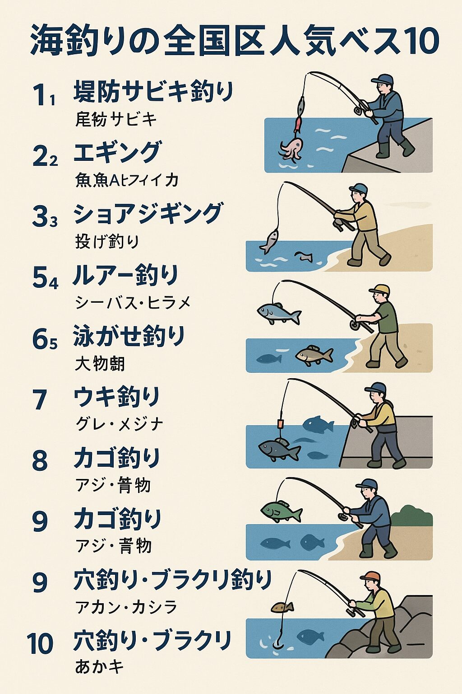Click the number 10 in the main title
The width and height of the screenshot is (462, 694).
point(419,40)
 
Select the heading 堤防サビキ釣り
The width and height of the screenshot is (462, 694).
point(153,92)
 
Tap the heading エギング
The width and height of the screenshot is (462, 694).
point(117,152)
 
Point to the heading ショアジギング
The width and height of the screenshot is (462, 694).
point(148,213)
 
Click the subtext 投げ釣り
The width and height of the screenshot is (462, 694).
point(107,241)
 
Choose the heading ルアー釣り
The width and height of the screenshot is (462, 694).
point(126,275)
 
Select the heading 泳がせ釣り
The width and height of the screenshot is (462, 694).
point(129,336)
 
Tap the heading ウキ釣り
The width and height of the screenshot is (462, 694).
point(117,397)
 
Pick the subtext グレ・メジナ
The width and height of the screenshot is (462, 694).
point(119,424)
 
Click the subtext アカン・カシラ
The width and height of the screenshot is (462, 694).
point(126,607)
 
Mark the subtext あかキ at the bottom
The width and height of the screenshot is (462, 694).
point(99,667)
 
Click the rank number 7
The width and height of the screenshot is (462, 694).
point(40,400)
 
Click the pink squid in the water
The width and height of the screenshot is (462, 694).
point(291,149)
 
